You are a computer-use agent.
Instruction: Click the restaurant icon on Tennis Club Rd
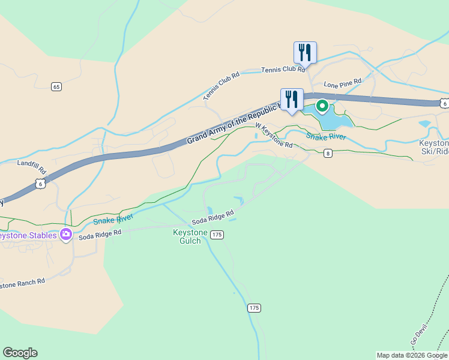[x=305, y=53]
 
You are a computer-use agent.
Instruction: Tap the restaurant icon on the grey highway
[x=292, y=99]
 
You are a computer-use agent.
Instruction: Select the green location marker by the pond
[x=322, y=107]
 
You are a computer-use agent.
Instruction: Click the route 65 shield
[x=56, y=87]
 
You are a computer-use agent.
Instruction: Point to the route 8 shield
[x=328, y=154]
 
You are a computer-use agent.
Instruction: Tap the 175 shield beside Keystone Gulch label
[x=217, y=235]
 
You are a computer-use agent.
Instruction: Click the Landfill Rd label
[x=31, y=163]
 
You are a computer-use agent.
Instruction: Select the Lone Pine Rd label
[x=343, y=82]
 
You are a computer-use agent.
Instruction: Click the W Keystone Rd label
[x=274, y=136]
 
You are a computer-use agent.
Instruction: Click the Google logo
[x=20, y=353]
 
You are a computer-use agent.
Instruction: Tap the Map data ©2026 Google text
[x=412, y=355]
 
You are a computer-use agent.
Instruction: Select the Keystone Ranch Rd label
[x=22, y=283]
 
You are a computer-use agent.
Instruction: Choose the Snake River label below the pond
[x=326, y=137]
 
